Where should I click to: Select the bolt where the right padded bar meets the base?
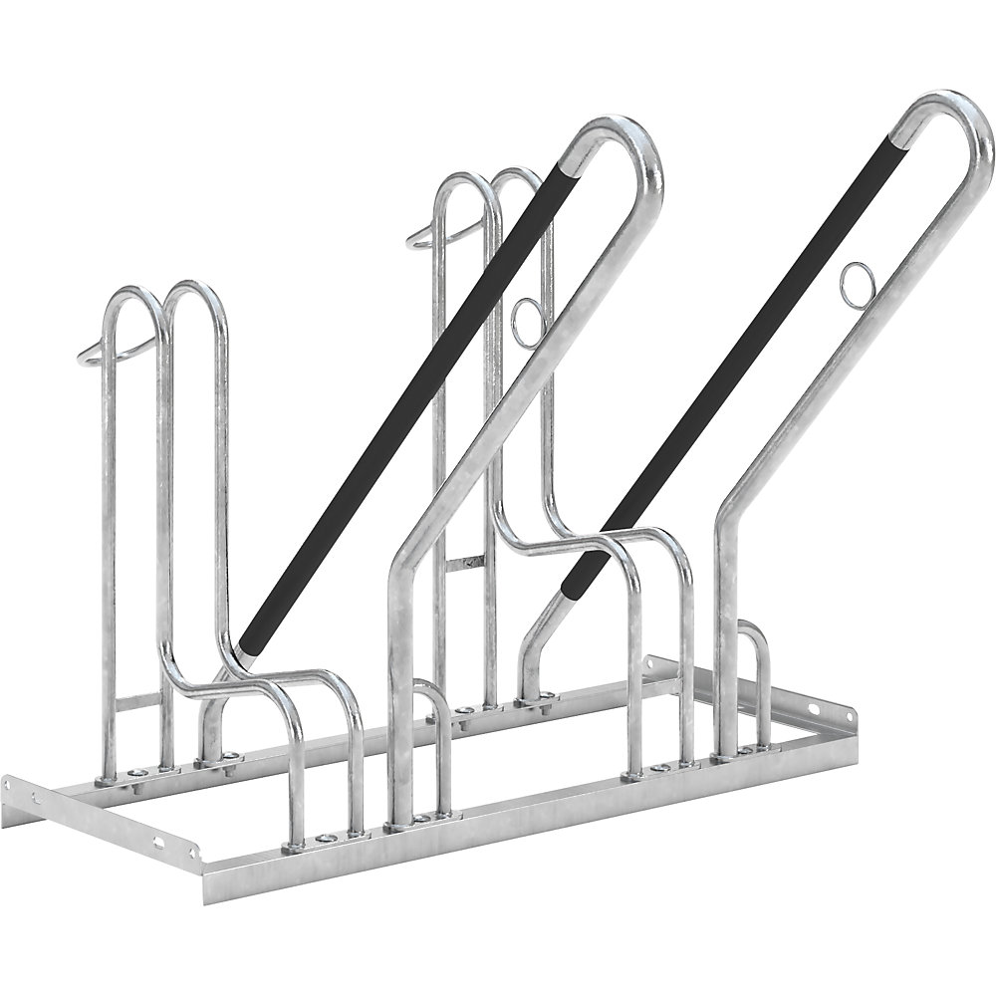pos(546,704)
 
